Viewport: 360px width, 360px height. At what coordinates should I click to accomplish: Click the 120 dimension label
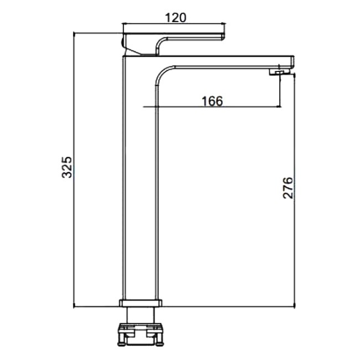click(x=176, y=18)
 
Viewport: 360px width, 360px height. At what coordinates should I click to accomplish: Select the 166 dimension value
click(x=212, y=101)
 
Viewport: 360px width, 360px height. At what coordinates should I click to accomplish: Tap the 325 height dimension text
click(x=67, y=167)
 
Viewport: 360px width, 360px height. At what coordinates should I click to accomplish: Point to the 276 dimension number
click(x=287, y=188)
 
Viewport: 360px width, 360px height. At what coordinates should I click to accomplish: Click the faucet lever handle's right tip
click(x=224, y=37)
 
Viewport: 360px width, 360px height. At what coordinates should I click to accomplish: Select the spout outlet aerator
click(x=278, y=73)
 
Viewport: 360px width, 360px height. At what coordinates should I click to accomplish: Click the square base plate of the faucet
click(x=141, y=303)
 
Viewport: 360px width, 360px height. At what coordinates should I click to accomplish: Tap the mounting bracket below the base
click(x=141, y=334)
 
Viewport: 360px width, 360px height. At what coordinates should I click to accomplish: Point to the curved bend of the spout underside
click(x=162, y=73)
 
